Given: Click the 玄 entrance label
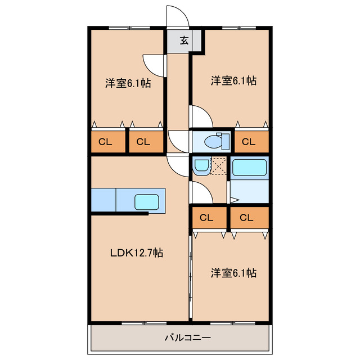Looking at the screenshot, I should click(184, 40).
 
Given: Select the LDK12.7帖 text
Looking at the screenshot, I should click(136, 253).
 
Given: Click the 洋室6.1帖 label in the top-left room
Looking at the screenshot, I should click(128, 83).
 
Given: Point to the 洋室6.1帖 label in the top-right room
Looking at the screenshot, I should click(233, 81).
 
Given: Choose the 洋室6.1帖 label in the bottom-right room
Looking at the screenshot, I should click(233, 273).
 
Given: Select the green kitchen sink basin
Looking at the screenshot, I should click(147, 201).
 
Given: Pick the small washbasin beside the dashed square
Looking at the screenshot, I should click(201, 166).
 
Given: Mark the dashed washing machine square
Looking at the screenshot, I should click(219, 166).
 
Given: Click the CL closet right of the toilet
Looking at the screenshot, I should click(249, 142).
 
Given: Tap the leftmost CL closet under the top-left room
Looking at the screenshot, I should click(106, 142).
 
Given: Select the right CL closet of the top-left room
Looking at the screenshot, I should click(143, 142).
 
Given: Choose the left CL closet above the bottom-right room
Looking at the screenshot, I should click(206, 218).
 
